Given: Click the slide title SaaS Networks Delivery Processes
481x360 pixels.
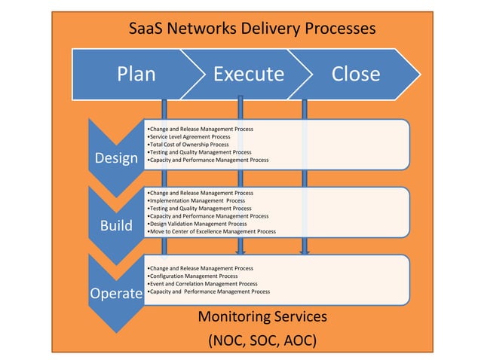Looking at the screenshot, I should tap(252, 29).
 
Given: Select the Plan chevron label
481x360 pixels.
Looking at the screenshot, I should tap(136, 74).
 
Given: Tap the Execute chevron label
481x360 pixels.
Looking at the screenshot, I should tap(248, 74).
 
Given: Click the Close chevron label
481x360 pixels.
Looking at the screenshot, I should tap(355, 74).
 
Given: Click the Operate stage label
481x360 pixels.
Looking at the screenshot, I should tap(116, 294).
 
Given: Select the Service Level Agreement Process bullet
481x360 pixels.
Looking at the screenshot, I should tap(190, 137).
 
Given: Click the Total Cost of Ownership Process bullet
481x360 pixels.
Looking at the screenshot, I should tap(194, 145).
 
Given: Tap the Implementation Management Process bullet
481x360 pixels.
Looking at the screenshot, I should tap(197, 201).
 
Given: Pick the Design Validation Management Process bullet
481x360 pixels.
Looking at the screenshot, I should tap(198, 224).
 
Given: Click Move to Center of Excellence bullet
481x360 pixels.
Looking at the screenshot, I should tap(212, 231).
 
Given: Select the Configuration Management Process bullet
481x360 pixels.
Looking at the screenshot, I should tap(193, 276).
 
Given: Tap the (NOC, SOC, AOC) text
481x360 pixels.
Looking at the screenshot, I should tap(262, 340).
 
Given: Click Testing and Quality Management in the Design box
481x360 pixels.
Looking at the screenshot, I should tap(200, 152).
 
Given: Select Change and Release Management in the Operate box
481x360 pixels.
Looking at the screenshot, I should tap(201, 268).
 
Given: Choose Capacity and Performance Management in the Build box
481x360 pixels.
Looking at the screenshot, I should tap(208, 216).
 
